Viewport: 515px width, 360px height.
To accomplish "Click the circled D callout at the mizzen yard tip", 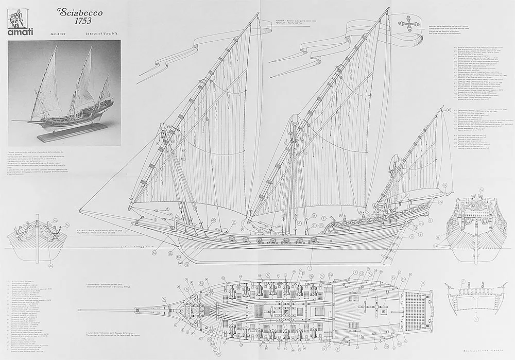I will point(448,110).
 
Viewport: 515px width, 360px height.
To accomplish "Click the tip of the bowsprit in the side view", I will point(79,210).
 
